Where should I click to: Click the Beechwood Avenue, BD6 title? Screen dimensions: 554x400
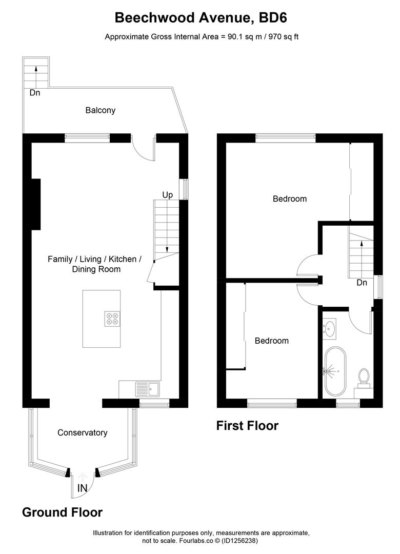(x=201, y=18)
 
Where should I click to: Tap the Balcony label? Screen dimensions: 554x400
(x=101, y=110)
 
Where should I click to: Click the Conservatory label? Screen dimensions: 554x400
(x=83, y=432)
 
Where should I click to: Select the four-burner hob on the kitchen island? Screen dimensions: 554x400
(x=112, y=319)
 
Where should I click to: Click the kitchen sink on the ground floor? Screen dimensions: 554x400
(x=148, y=389)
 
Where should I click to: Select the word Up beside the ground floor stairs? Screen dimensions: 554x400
(x=168, y=195)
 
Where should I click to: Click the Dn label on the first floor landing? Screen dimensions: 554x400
(x=362, y=283)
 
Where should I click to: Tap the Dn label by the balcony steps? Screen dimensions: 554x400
(x=34, y=93)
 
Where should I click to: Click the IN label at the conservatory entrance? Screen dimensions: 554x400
(x=82, y=488)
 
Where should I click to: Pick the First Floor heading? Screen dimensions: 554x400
(x=247, y=426)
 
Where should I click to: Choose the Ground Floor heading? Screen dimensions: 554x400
(x=62, y=512)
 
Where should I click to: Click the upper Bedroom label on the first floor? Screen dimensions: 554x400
(x=290, y=199)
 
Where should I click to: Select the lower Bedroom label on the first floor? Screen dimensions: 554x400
(x=272, y=341)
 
